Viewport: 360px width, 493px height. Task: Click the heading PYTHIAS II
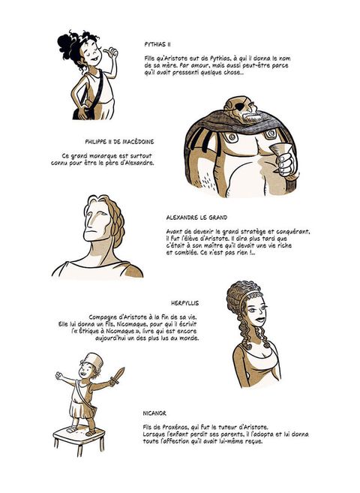[x=157, y=44]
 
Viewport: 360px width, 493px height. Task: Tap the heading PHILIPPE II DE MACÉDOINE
[x=119, y=142]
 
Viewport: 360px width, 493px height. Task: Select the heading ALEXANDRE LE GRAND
[x=196, y=218]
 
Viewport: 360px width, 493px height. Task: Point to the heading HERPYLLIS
[x=184, y=303]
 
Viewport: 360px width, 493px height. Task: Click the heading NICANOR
[x=154, y=413]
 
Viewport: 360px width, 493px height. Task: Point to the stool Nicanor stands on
[x=78, y=439]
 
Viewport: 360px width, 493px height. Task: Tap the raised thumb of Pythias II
[x=109, y=52]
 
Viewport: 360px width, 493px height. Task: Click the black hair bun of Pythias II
[x=65, y=47]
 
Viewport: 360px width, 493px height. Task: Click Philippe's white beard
[x=251, y=118]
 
